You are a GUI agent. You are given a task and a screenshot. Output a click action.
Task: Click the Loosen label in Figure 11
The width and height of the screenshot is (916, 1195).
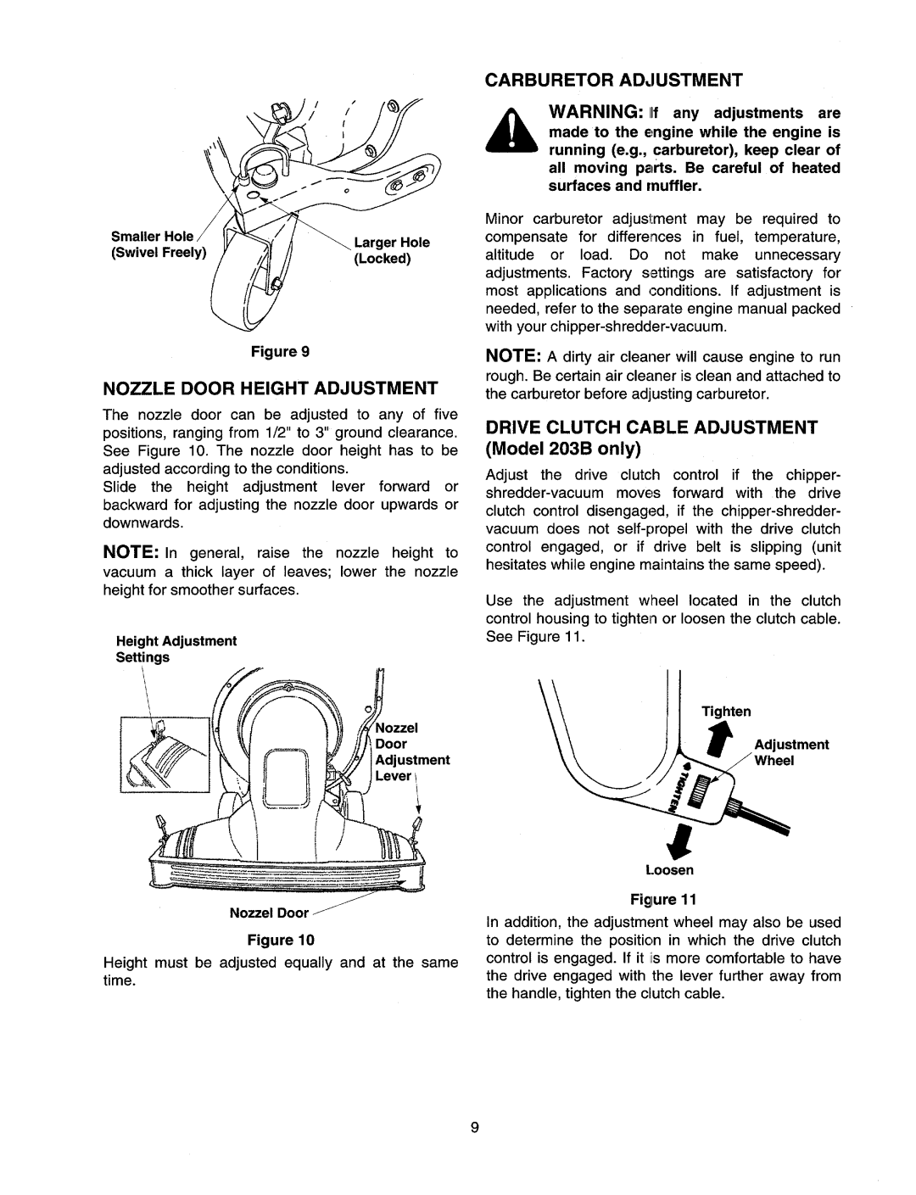click(x=676, y=870)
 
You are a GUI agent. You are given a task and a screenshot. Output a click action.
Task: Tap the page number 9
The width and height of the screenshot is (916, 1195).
click(x=476, y=1126)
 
